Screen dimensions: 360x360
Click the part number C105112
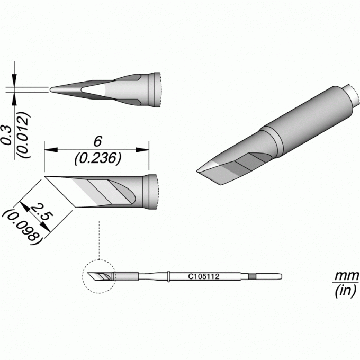[204, 276]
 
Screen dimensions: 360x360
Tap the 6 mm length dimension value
[97, 141]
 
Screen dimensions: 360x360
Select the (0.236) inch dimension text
[97, 159]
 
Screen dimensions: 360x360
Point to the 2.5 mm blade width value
[41, 212]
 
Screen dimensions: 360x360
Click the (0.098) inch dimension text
[22, 226]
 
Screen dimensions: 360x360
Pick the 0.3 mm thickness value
[7, 135]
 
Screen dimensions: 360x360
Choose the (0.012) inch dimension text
[24, 135]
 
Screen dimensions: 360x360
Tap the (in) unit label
[346, 291]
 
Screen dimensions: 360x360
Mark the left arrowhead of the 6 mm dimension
[51, 150]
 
